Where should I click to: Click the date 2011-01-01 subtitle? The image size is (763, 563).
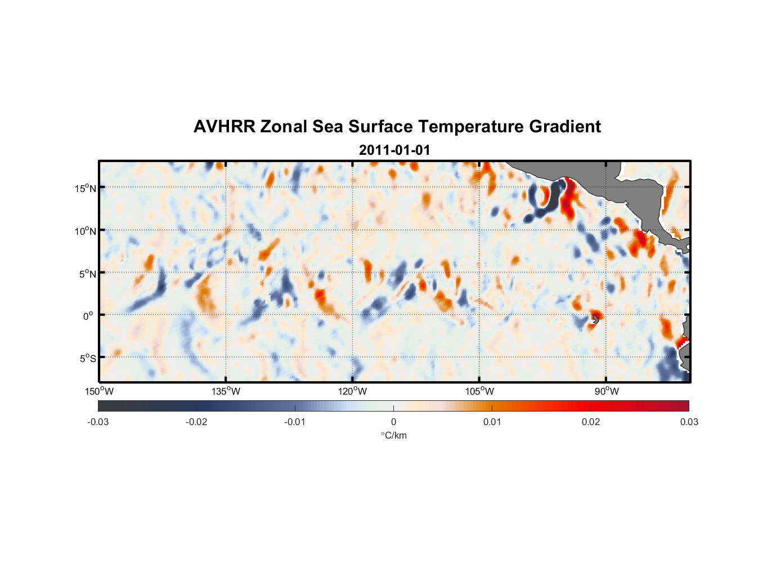[394, 150]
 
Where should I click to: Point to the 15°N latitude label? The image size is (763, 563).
[86, 188]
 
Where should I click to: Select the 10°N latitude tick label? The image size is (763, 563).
[86, 231]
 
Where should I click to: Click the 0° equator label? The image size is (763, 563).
[88, 316]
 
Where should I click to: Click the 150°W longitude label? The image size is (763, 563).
[99, 391]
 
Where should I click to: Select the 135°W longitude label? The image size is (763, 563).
[226, 391]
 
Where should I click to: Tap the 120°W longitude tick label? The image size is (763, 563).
[353, 391]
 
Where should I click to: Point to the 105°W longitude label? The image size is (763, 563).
[479, 391]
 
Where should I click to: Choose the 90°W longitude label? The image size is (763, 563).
[607, 391]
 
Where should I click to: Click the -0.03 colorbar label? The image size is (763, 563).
[98, 422]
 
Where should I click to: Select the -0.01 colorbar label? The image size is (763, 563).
[295, 422]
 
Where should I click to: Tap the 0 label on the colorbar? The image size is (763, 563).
[393, 422]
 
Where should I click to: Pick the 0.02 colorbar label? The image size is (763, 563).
[591, 422]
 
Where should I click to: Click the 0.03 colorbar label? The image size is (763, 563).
[689, 422]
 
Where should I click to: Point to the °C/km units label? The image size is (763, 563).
[393, 435]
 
